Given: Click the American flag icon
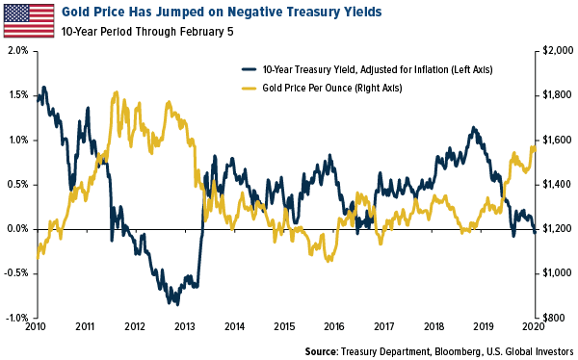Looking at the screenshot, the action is pyautogui.click(x=29, y=20).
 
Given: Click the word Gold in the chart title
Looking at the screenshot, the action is pyautogui.click(x=76, y=12).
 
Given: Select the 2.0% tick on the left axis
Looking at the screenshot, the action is pyautogui.click(x=17, y=50).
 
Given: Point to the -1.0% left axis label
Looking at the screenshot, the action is pyautogui.click(x=16, y=318).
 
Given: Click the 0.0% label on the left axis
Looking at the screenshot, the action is pyautogui.click(x=17, y=229).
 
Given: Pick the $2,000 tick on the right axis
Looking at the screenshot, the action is pyautogui.click(x=558, y=50).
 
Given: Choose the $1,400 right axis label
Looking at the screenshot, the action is pyautogui.click(x=558, y=184).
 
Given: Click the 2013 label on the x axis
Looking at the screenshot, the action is pyautogui.click(x=185, y=327).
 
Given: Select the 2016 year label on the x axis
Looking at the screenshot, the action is pyautogui.click(x=334, y=327).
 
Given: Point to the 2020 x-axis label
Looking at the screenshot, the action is pyautogui.click(x=534, y=327).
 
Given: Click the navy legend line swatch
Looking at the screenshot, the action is pyautogui.click(x=249, y=69).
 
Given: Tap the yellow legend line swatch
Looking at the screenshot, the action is pyautogui.click(x=249, y=88).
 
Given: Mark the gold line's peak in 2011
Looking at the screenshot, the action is pyautogui.click(x=117, y=92).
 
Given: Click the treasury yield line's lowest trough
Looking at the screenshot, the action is pyautogui.click(x=177, y=304).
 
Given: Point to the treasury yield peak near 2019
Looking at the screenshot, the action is pyautogui.click(x=474, y=128).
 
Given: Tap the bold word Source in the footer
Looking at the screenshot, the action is pyautogui.click(x=322, y=351).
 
